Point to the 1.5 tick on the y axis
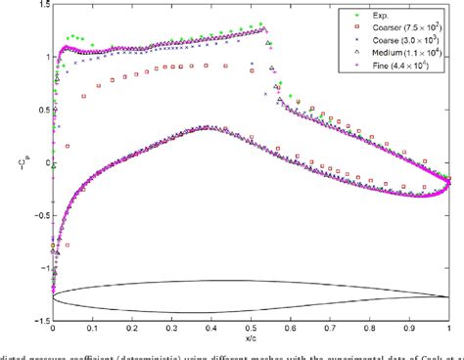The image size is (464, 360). pyautogui.click(x=40, y=7)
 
